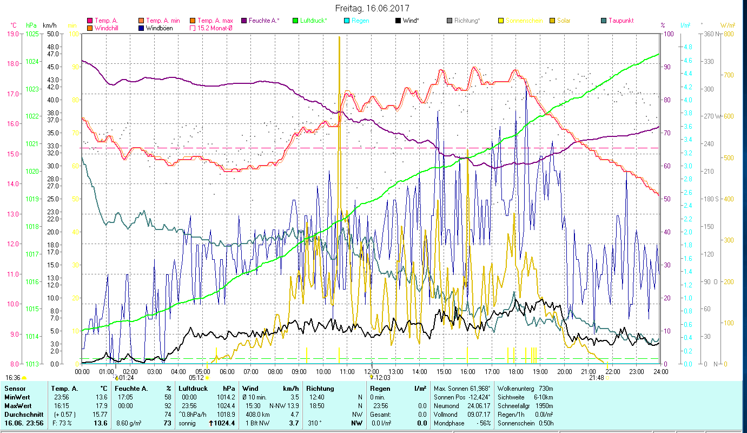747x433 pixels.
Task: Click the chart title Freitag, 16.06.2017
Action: tap(372, 8)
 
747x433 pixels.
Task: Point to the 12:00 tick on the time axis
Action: tap(372, 371)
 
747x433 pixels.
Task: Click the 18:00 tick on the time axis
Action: tap(516, 371)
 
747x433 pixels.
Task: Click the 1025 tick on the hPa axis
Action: tap(32, 34)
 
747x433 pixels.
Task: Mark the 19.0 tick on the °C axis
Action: tap(11, 34)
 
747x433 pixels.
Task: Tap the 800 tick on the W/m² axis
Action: tap(728, 34)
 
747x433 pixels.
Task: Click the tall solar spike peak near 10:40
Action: tap(339, 37)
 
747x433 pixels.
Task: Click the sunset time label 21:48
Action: tap(597, 378)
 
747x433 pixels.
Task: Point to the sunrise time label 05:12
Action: tap(196, 378)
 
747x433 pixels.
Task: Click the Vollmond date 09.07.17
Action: tap(479, 415)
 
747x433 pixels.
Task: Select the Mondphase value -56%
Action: tap(482, 423)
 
